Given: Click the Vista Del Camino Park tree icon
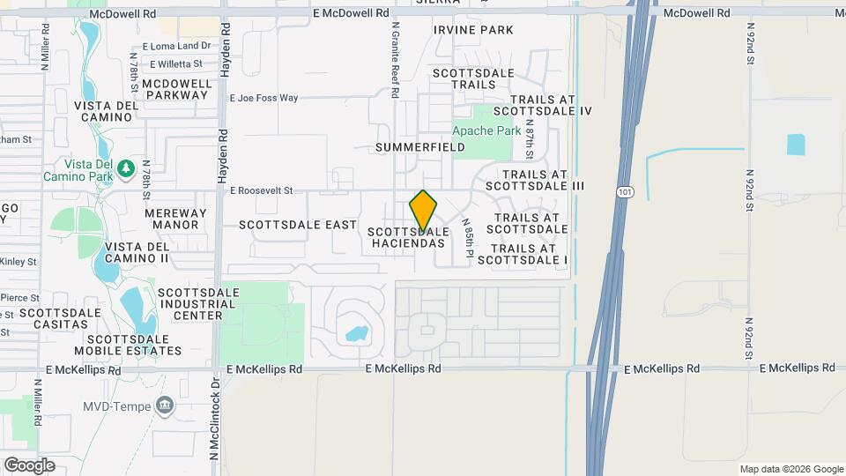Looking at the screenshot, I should (x=126, y=165).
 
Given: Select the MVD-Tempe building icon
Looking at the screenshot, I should (x=164, y=406).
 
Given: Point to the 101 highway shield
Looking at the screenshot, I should (x=624, y=191).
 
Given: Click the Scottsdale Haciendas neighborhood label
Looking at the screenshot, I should (x=408, y=237).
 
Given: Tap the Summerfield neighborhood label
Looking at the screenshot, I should (x=419, y=147).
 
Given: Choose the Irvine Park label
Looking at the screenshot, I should (x=473, y=30).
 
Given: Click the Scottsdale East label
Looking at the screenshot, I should (x=298, y=225).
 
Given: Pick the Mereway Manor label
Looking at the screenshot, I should (x=176, y=219).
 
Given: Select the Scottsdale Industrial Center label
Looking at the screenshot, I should (x=198, y=303).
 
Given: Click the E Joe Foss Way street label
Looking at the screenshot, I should (x=263, y=98).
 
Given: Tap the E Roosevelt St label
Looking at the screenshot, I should (x=260, y=190).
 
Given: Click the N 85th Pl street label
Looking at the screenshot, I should (x=468, y=239).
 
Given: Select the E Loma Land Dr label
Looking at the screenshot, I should (x=176, y=46).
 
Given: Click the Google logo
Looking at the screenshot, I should (x=29, y=465).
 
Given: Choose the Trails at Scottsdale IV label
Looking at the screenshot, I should (x=542, y=105).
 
